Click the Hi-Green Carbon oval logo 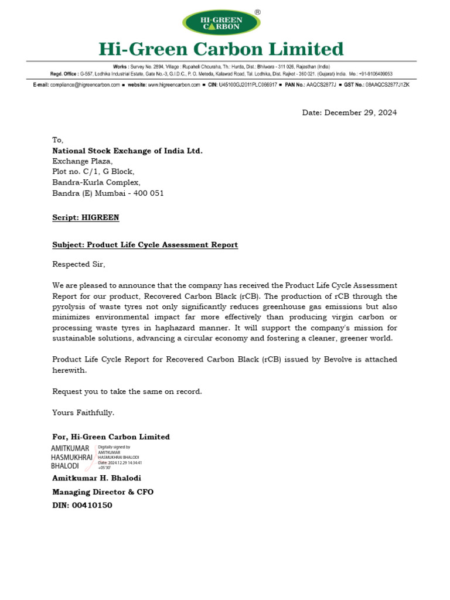point(221,23)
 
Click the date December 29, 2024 point(349,112)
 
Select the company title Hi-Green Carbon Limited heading point(221,49)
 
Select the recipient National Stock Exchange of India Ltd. point(127,151)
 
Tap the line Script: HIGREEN point(86,217)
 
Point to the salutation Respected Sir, point(79,264)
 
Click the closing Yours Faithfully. point(83,412)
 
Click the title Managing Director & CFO point(103,492)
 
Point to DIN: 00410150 point(82,505)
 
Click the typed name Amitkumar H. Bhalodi point(96,478)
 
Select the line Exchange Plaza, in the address point(82,161)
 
